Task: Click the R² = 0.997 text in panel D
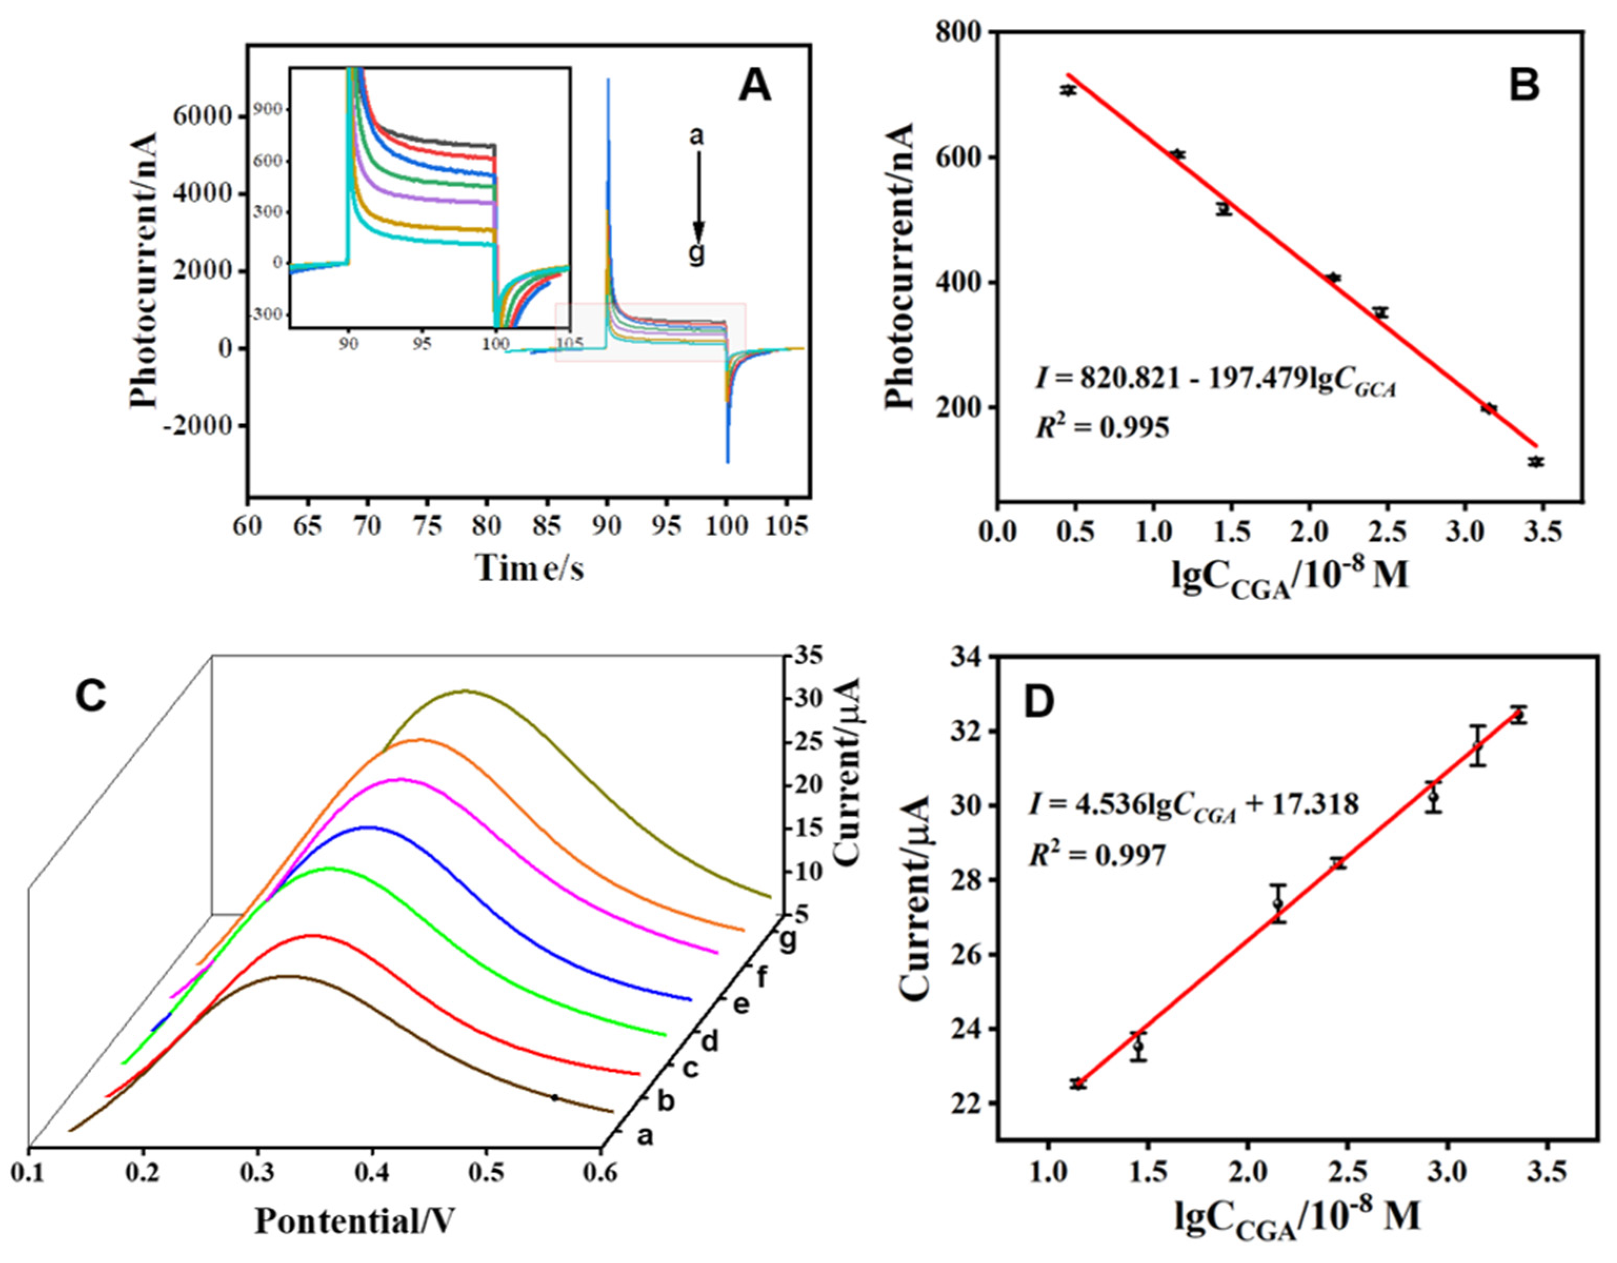click(1097, 856)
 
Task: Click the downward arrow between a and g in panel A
click(697, 196)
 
